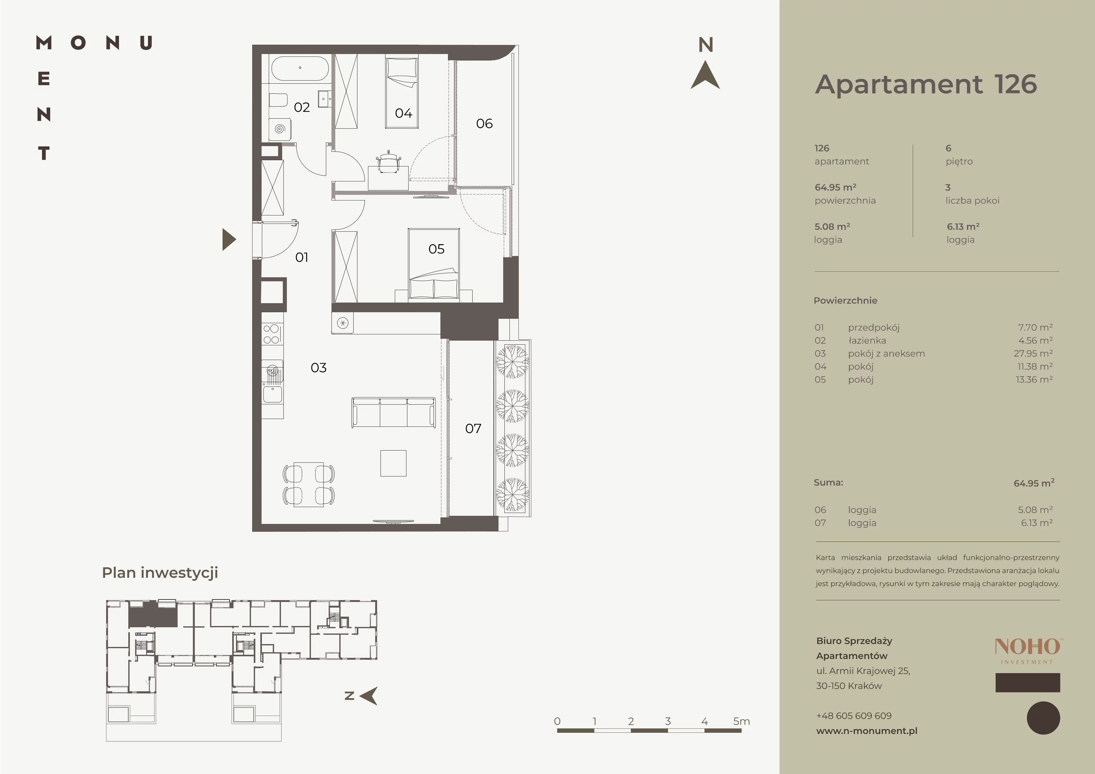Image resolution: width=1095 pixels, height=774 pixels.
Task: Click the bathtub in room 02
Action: coord(300,68)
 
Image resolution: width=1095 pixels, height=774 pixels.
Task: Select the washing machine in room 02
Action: coord(280,129)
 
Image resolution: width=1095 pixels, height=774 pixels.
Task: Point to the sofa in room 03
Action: coord(393,412)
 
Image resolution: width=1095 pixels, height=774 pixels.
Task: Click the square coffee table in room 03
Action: coord(393,463)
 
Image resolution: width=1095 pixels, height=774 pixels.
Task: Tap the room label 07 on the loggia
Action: coord(473,429)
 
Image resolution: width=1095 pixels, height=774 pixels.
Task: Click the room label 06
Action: coord(484,124)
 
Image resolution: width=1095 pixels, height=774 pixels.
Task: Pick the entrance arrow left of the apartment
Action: coord(228,239)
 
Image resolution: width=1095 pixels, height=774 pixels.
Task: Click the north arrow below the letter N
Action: coord(705,75)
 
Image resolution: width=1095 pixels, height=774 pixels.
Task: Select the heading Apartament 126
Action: coord(926,84)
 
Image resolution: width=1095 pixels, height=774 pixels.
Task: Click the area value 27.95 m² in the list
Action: coord(1033,353)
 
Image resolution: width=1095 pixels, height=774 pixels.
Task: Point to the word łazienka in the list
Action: coord(867,341)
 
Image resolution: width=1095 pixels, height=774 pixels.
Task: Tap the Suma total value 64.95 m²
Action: coord(1034,483)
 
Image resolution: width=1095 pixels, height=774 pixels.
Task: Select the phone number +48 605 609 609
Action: coord(854,716)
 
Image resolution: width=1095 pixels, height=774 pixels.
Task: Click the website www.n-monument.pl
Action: coord(867,731)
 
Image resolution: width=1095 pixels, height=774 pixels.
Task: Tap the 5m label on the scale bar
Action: coord(742,722)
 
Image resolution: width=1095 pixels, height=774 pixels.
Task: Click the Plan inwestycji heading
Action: coord(160,573)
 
